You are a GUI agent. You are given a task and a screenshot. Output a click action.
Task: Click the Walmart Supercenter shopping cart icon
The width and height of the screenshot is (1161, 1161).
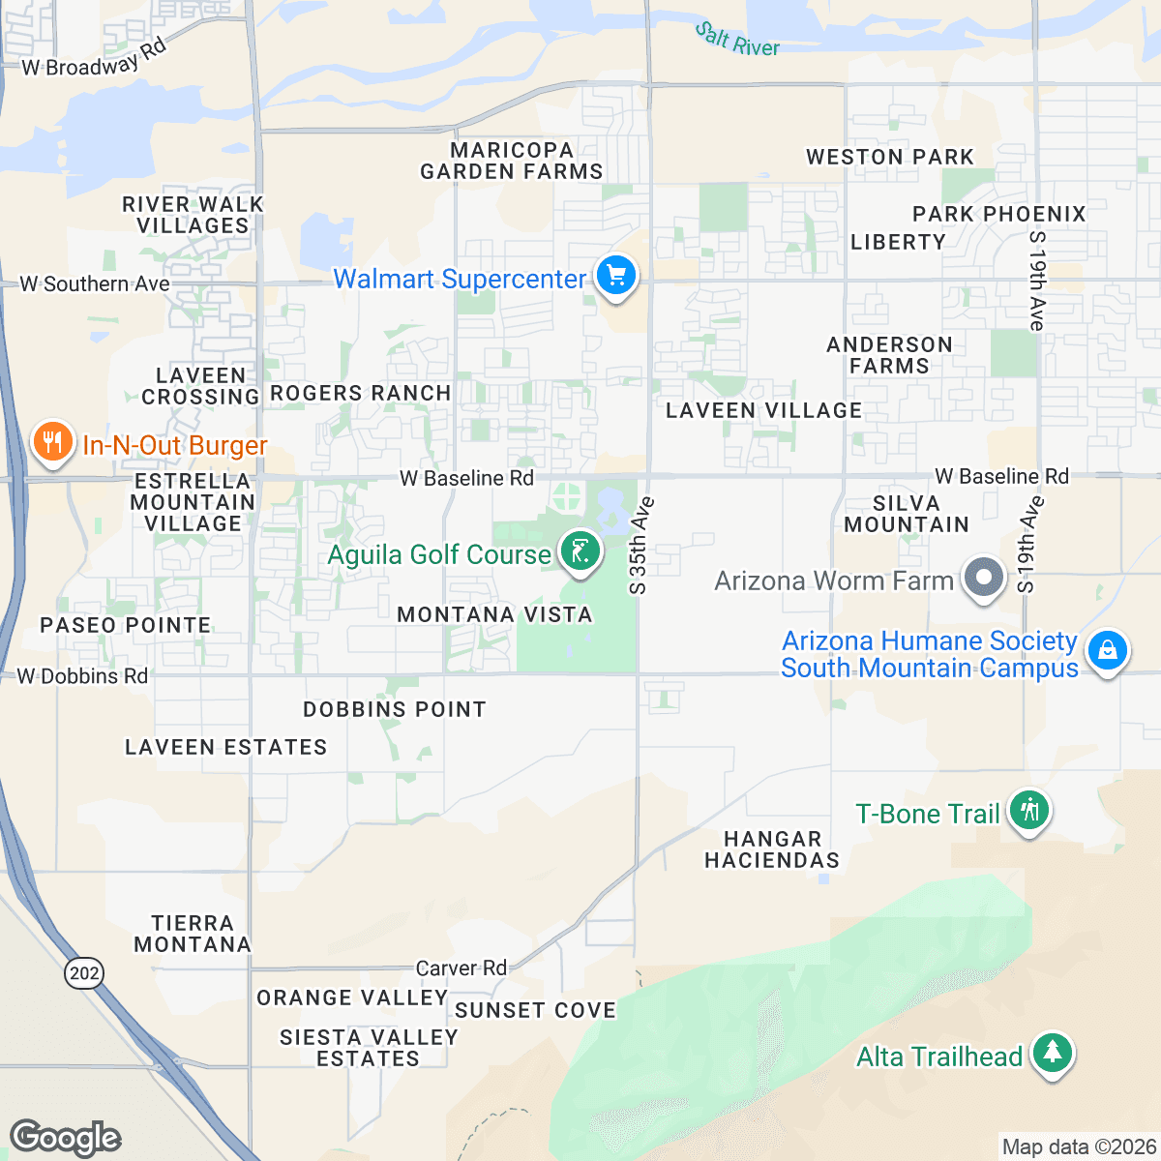(615, 277)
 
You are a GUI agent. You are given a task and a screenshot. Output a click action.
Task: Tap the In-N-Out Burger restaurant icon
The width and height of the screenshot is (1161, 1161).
(52, 443)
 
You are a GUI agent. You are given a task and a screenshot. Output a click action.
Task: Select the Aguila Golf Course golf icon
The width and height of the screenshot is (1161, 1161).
(580, 552)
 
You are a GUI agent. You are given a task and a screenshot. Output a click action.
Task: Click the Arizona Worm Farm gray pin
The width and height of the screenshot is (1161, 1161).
(984, 578)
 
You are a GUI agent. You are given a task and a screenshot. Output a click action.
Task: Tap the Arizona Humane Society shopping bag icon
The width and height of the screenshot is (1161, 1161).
(1107, 651)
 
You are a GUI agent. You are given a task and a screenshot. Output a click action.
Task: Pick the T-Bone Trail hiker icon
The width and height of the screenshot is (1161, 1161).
(1028, 811)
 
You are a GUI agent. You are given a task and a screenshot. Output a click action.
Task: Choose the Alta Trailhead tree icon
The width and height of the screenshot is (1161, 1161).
(1052, 1053)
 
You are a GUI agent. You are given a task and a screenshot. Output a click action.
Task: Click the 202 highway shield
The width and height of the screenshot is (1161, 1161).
(84, 972)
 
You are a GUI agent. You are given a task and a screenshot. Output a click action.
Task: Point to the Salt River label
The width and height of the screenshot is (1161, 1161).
(737, 40)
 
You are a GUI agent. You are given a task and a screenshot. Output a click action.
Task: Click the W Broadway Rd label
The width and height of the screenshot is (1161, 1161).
(95, 60)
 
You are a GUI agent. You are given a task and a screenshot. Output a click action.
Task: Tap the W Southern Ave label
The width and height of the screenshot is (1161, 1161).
(95, 284)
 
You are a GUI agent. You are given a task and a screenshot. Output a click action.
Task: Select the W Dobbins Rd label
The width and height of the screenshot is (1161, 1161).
(83, 676)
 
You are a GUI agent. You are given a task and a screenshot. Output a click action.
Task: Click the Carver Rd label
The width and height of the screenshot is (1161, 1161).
(461, 967)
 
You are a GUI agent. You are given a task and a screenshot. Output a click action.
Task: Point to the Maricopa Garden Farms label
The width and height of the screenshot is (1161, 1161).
(512, 162)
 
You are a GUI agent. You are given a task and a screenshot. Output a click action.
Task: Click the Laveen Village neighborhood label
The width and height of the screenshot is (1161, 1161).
(763, 410)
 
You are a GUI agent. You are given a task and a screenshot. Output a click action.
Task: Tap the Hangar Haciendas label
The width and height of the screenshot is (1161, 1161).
(772, 849)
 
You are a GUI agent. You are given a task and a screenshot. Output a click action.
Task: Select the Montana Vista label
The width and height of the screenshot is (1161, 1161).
(494, 614)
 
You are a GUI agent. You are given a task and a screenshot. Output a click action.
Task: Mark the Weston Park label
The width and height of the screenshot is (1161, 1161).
(889, 157)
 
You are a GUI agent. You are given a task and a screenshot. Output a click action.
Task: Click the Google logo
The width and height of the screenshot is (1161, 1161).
(65, 1138)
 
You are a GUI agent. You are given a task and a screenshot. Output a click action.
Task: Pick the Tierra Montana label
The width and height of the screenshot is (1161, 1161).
(193, 934)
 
